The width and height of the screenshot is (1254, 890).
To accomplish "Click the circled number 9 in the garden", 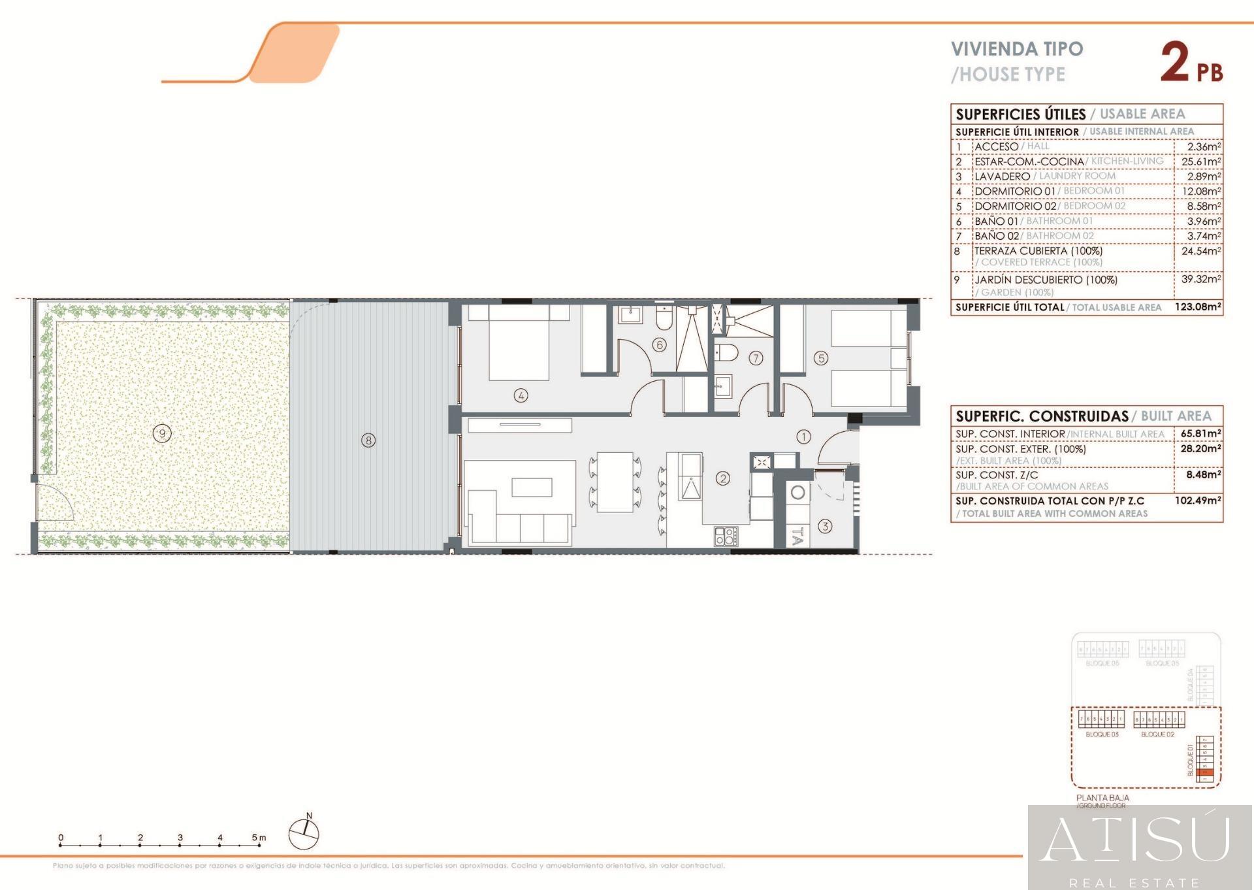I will coord(162,433).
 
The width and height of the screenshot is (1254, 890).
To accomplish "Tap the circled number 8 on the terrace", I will coord(368,440).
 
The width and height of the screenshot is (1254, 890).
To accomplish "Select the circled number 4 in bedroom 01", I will coord(521,395).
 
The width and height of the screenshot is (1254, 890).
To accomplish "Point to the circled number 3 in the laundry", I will coord(825,526).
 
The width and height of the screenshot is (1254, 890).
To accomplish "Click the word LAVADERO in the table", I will coord(1002,176).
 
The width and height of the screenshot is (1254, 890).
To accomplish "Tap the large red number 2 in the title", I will coord(1174,63).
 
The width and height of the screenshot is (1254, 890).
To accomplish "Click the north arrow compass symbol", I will coord(304,834).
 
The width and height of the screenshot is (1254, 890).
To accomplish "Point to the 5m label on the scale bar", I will coord(259,838).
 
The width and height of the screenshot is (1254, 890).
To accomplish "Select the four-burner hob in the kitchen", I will coord(726,536).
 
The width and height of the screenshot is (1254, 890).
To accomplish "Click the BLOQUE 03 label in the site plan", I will coord(1102,734).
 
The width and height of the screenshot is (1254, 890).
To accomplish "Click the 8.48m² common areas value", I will coord(1203,475).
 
